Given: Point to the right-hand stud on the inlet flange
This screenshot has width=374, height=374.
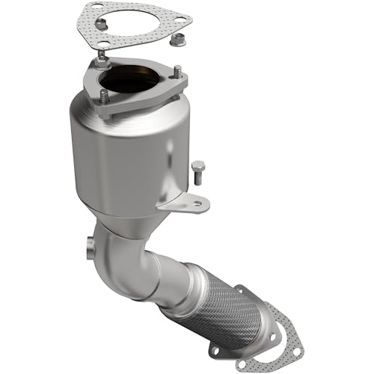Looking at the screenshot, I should click(x=177, y=73).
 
